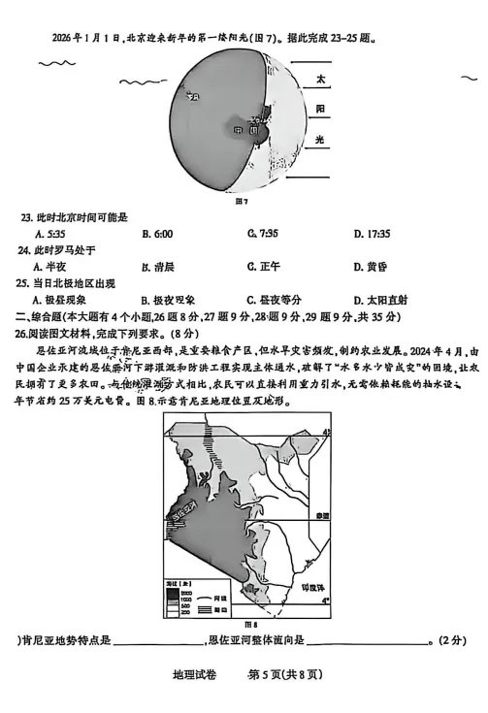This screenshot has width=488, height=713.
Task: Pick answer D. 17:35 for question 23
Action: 372,234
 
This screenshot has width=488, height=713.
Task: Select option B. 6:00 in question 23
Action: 156,234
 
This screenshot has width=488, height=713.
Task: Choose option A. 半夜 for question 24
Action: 49,266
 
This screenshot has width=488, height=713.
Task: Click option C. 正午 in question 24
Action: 263,266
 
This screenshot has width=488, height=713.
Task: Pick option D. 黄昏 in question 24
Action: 372,266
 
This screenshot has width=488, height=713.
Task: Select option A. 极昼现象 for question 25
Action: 59,299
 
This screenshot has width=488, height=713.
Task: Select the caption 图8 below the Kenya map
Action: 248,623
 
